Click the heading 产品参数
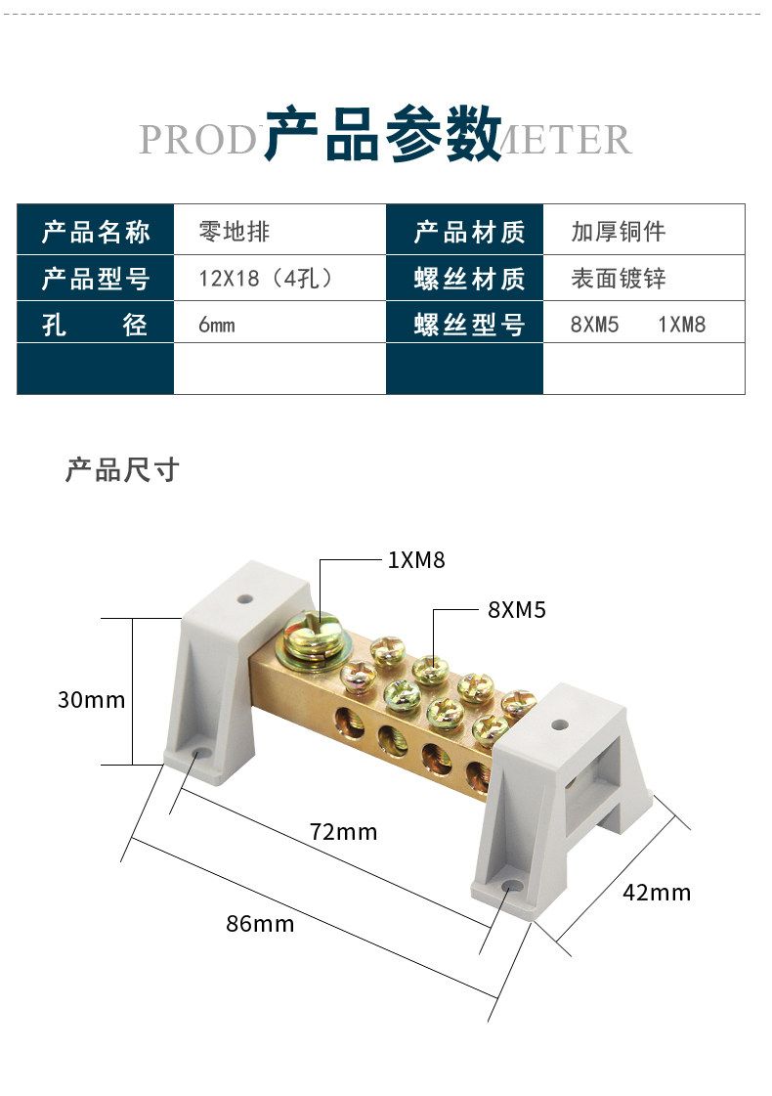point(384,134)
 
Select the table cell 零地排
point(235,232)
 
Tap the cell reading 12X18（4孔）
point(267,279)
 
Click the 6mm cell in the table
point(217,325)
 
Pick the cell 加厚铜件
point(618,232)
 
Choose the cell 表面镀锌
point(618,279)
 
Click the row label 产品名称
point(96,232)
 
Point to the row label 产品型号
point(96,279)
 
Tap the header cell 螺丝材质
point(469,279)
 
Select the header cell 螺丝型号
point(469,325)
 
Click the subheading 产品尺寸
point(122,470)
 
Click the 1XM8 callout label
point(416,560)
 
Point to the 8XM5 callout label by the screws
point(516,610)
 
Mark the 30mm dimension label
point(92,700)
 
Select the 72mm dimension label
point(343,832)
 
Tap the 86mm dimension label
point(260,923)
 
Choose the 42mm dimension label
point(657,893)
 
